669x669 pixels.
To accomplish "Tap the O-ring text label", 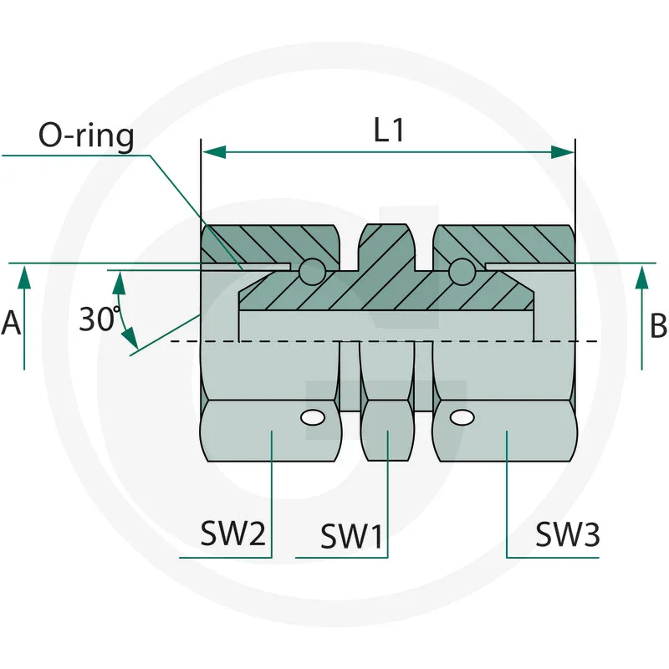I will pyautogui.click(x=86, y=135).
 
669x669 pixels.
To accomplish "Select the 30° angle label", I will pyautogui.click(x=100, y=319).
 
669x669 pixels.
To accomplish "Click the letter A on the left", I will pyautogui.click(x=11, y=323).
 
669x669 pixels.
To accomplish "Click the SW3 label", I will pyautogui.click(x=568, y=533).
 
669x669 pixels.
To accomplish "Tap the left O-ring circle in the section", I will pyautogui.click(x=311, y=270).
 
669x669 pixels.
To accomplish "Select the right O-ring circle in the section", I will pyautogui.click(x=461, y=270).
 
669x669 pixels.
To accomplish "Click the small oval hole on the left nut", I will pyautogui.click(x=313, y=416).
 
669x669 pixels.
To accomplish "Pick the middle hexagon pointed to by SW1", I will pyautogui.click(x=387, y=431).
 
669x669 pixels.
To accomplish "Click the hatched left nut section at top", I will pyautogui.click(x=268, y=243).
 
